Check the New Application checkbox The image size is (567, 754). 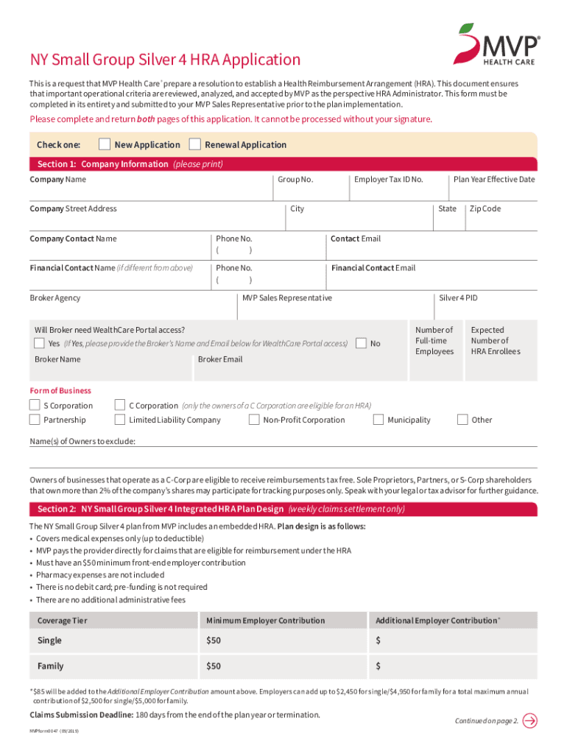click(x=105, y=144)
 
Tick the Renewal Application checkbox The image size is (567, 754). click(x=195, y=144)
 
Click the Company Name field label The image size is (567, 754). click(x=57, y=180)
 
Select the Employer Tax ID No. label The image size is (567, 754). click(x=388, y=180)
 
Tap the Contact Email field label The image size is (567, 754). click(x=356, y=239)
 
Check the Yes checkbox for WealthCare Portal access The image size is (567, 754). click(x=39, y=344)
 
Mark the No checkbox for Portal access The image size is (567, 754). click(x=362, y=344)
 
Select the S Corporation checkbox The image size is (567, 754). click(x=35, y=405)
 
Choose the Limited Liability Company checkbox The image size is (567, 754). click(x=120, y=420)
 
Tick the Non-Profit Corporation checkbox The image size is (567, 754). click(x=254, y=420)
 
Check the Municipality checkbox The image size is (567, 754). click(x=378, y=420)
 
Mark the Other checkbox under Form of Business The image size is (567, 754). click(x=462, y=420)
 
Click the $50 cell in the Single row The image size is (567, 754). click(x=214, y=641)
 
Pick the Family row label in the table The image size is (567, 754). click(x=50, y=666)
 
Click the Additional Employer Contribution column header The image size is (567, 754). click(x=437, y=621)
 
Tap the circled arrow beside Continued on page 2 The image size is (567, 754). click(x=529, y=720)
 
